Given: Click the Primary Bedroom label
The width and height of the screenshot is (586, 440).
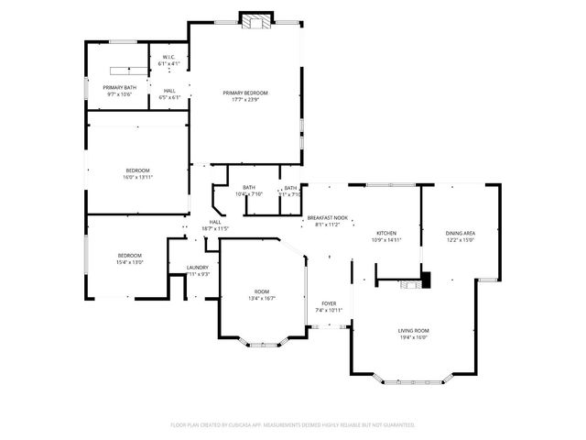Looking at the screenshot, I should pyautogui.click(x=245, y=93).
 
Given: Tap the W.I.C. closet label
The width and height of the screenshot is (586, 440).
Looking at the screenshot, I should pyautogui.click(x=168, y=59).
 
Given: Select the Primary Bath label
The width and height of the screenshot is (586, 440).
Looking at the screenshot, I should pyautogui.click(x=119, y=87).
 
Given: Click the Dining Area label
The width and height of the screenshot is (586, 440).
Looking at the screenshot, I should pyautogui.click(x=460, y=234).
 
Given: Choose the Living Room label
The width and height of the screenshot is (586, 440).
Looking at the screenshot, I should pyautogui.click(x=413, y=330).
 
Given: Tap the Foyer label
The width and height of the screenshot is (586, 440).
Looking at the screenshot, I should pyautogui.click(x=329, y=303).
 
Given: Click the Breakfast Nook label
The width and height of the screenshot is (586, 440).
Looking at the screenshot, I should pyautogui.click(x=327, y=217).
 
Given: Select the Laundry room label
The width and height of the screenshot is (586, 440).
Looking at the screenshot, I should pyautogui.click(x=198, y=268).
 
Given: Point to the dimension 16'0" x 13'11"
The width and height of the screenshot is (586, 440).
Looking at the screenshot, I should pyautogui.click(x=137, y=176).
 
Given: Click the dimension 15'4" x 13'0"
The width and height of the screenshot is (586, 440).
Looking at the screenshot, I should pyautogui.click(x=129, y=262).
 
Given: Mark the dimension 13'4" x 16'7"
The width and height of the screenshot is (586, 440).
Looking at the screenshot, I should pyautogui.click(x=262, y=298).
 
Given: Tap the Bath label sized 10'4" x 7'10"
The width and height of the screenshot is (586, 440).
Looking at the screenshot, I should pyautogui.click(x=249, y=187).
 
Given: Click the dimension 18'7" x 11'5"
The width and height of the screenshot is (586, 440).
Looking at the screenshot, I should pyautogui.click(x=215, y=228).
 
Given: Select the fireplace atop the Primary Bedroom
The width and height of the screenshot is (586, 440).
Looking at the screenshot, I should pyautogui.click(x=256, y=18).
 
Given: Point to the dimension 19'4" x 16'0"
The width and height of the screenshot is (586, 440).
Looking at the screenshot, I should pyautogui.click(x=413, y=336).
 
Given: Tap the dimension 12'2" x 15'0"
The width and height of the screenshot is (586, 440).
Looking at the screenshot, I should pyautogui.click(x=460, y=240).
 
